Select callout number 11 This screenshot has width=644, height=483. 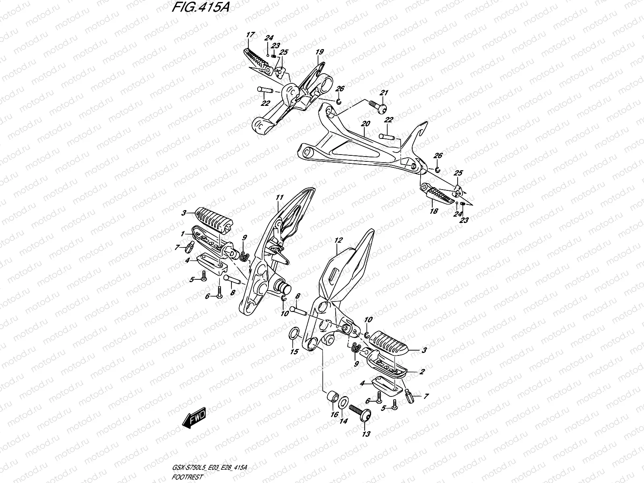point(280,197)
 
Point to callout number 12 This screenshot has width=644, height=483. point(338,240)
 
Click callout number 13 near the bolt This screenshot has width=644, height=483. point(366,434)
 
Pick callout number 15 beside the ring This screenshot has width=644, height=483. point(294,351)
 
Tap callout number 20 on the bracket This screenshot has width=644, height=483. point(365,124)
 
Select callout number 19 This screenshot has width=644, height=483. point(320,52)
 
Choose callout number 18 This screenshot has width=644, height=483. point(434,211)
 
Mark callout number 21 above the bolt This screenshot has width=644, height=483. point(384,93)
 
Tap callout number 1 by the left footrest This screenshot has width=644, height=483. point(183,233)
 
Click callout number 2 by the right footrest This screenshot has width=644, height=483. point(421,372)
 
